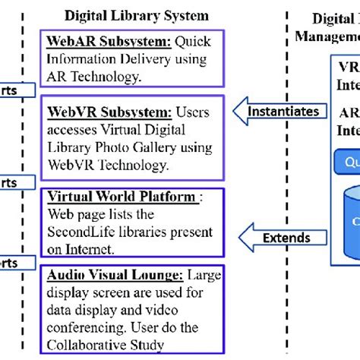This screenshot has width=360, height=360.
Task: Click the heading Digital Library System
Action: tap(136, 15)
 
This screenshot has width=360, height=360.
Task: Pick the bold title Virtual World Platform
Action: tap(121, 197)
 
